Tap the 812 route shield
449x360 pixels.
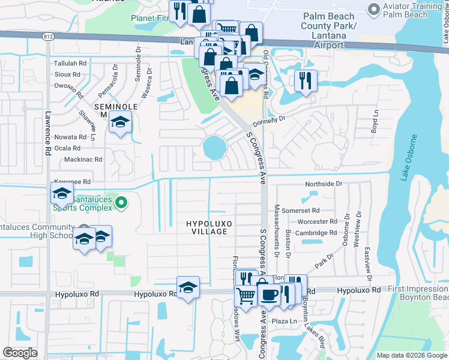pyautogui.click(x=48, y=37)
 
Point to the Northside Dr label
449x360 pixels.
pyautogui.click(x=323, y=184)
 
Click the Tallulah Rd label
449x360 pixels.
pyautogui.click(x=70, y=63)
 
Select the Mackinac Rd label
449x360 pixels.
pyautogui.click(x=83, y=160)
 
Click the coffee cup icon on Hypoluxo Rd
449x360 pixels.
pyautogui.click(x=268, y=293)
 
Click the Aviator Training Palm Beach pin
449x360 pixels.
pyautogui.click(x=373, y=9)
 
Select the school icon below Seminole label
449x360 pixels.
pyautogui.click(x=120, y=122)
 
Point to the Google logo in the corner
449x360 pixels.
pyautogui.click(x=20, y=353)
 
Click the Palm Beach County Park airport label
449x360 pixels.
pyautogui.click(x=330, y=31)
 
